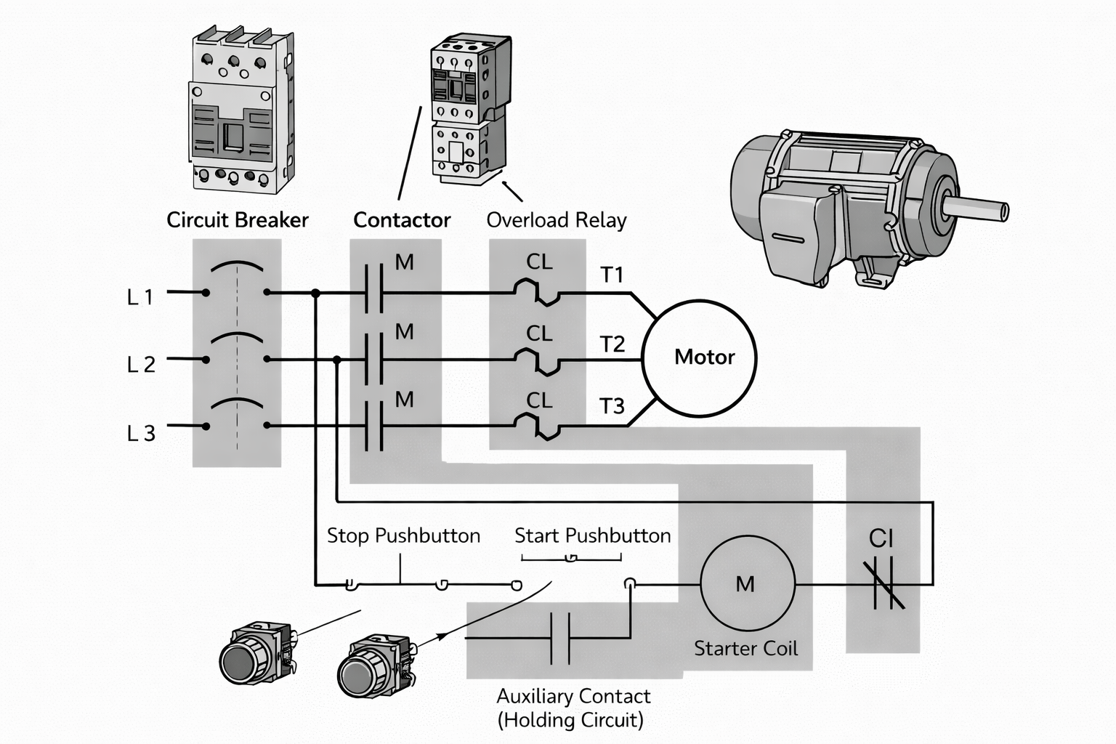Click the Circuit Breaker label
pyautogui.click(x=238, y=220)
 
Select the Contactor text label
pyautogui.click(x=402, y=220)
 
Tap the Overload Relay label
pyautogui.click(x=556, y=220)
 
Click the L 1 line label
pyautogui.click(x=140, y=297)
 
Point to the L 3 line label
pyautogui.click(x=141, y=434)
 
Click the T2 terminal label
pyautogui.click(x=612, y=344)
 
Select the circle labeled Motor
pyautogui.click(x=699, y=358)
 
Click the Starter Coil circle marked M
pyautogui.click(x=748, y=583)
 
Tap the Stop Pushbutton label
pyautogui.click(x=403, y=536)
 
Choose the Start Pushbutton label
pyautogui.click(x=592, y=536)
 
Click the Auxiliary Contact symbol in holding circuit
pyautogui.click(x=559, y=639)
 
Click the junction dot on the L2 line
pyautogui.click(x=336, y=360)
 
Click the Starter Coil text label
pyautogui.click(x=745, y=648)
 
